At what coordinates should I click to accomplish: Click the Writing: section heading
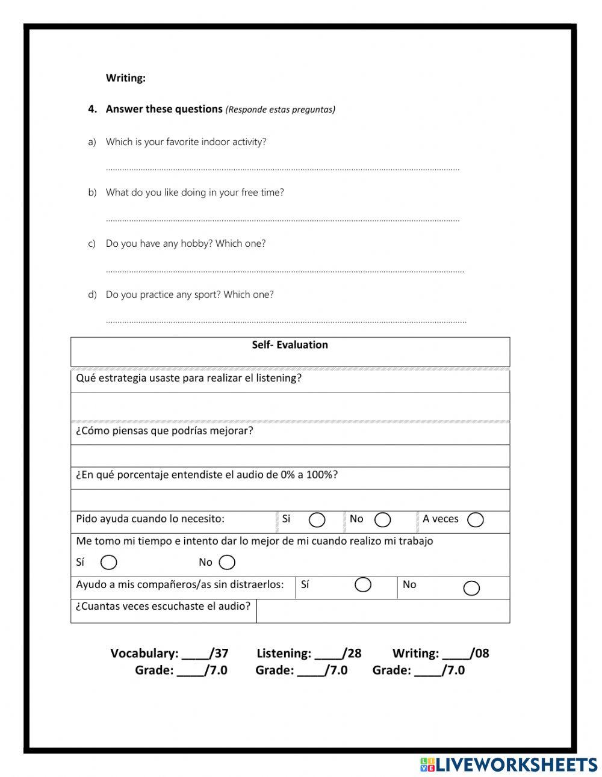(x=125, y=78)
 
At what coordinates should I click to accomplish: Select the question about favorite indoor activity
(x=185, y=142)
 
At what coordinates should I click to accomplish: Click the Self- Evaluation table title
(x=290, y=345)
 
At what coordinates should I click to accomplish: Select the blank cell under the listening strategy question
(x=290, y=406)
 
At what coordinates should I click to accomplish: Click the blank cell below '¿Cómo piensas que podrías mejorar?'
(x=290, y=456)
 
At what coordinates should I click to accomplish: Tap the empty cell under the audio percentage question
(x=290, y=500)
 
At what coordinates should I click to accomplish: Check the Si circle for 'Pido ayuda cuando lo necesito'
(x=317, y=520)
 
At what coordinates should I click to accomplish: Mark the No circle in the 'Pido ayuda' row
(x=382, y=520)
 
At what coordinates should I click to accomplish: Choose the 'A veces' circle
(x=475, y=520)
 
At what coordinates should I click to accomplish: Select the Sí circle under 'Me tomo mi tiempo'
(x=109, y=562)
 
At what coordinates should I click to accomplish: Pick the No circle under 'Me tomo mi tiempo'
(x=227, y=562)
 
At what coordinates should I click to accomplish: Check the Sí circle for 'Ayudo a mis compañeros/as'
(x=363, y=585)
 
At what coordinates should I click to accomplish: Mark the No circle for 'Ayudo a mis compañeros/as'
(x=471, y=588)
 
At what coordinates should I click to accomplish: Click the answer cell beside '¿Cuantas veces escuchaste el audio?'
(x=383, y=611)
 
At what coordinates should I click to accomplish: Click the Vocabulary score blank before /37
(x=196, y=654)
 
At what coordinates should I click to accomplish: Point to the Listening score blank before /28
(x=328, y=654)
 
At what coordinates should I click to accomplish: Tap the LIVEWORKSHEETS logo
(x=509, y=764)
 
